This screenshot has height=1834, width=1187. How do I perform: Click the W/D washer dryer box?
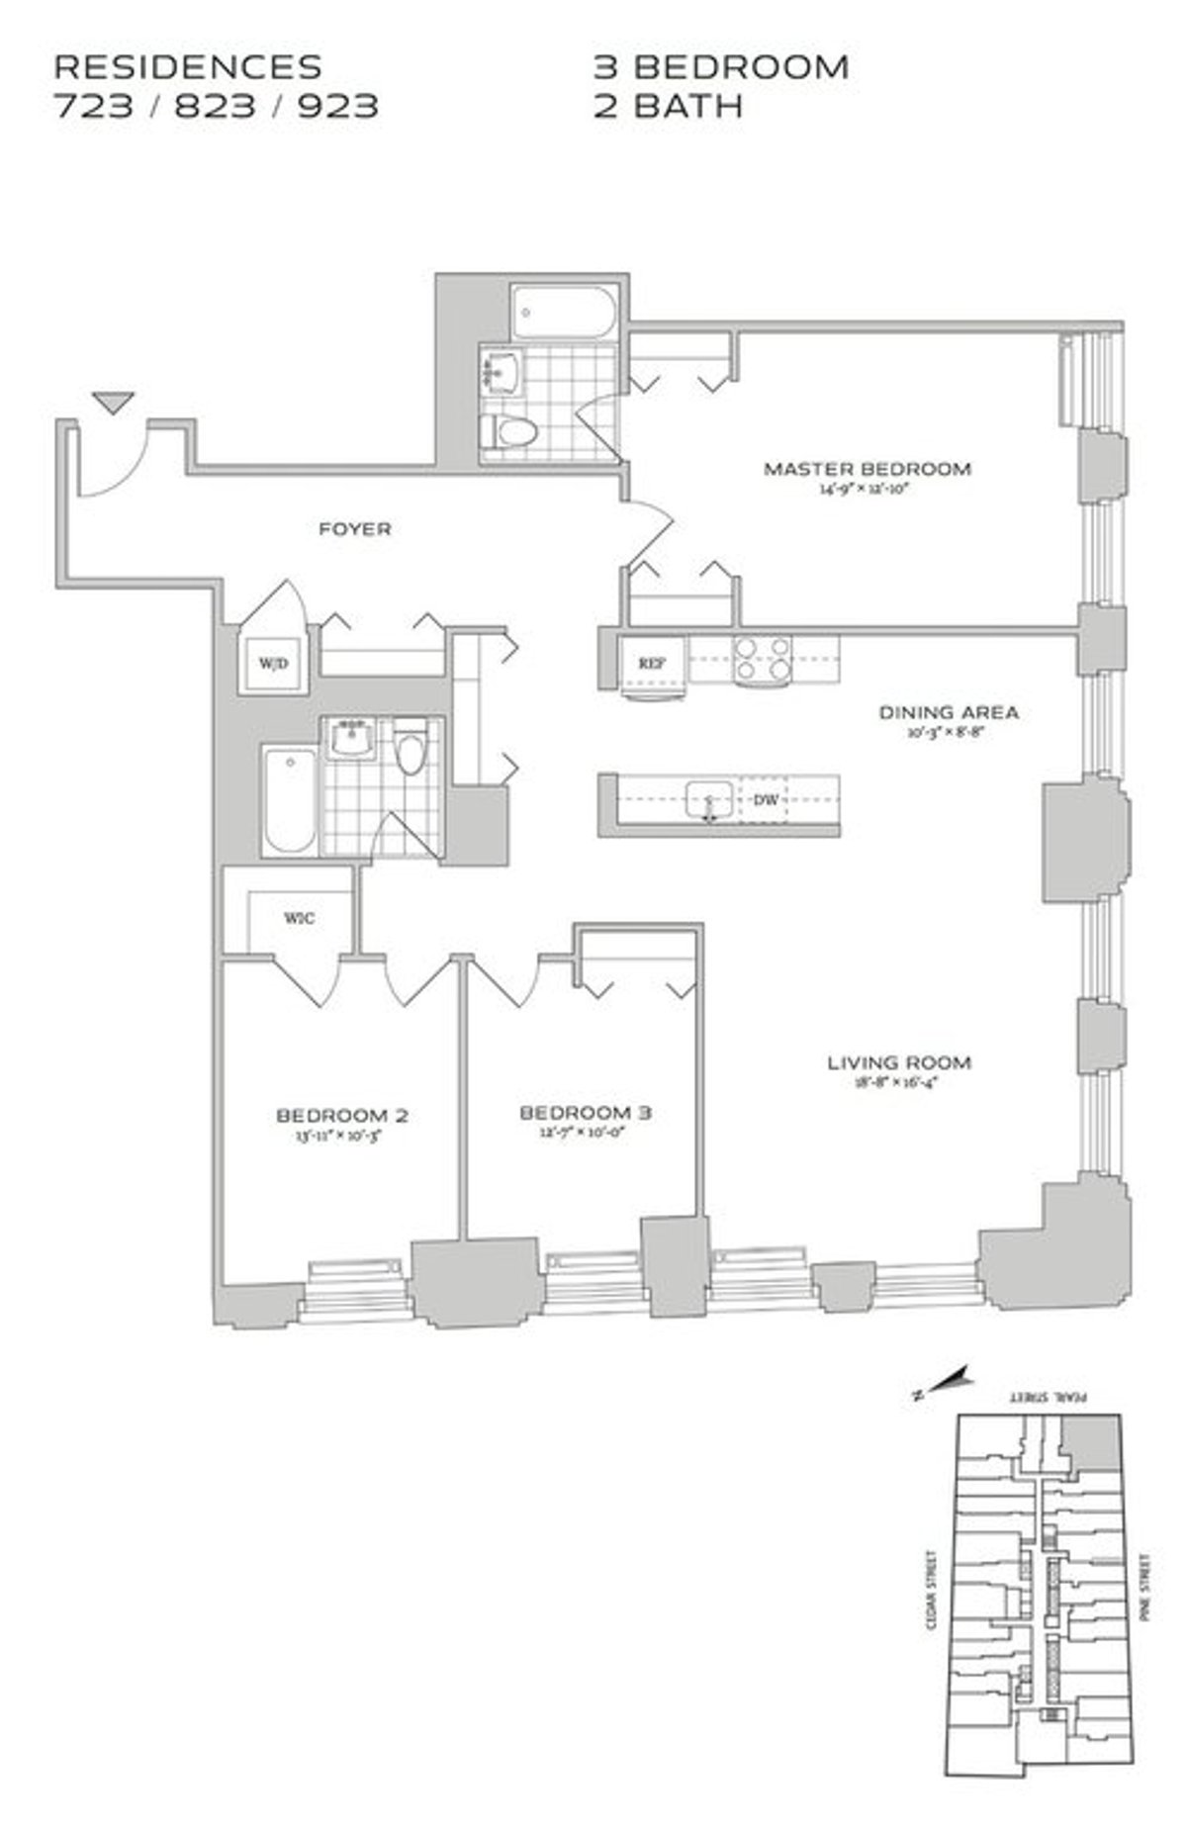coord(273,663)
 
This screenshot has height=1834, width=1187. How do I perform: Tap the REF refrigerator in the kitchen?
coord(650,664)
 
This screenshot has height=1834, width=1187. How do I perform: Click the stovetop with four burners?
coord(763,659)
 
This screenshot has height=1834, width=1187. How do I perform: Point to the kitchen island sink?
coord(708,799)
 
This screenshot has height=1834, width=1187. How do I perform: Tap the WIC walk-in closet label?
coord(300,918)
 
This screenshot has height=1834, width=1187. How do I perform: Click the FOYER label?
coord(354,529)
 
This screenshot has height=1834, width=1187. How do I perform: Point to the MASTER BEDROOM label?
coord(867,469)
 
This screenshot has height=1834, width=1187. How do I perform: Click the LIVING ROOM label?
coord(898,1062)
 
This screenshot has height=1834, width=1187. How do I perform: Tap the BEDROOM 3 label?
coord(586,1113)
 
